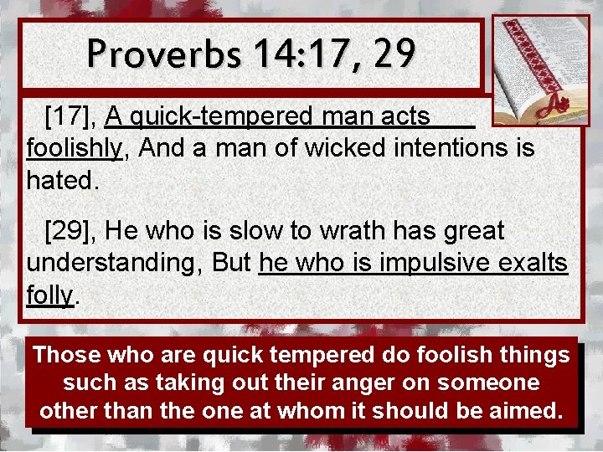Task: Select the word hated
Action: pyautogui.click(x=63, y=181)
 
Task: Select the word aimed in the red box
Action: pyautogui.click(x=530, y=412)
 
